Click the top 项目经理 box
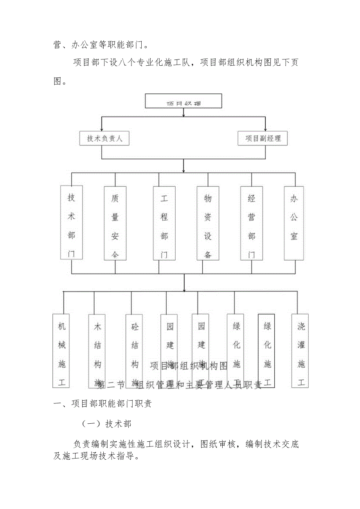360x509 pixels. pos(184,101)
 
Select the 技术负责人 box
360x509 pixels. pos(104,138)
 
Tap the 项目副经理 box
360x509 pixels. pos(263,138)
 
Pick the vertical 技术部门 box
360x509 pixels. pos(72,223)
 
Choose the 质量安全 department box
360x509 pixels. pos(115,223)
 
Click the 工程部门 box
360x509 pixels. pos(164,223)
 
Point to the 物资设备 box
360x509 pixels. pos(208,223)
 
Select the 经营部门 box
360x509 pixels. pos(252,223)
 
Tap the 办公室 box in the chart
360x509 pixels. pos(294,223)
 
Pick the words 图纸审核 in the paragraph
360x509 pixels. pos(218,444)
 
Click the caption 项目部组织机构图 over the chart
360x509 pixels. pos(189,366)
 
